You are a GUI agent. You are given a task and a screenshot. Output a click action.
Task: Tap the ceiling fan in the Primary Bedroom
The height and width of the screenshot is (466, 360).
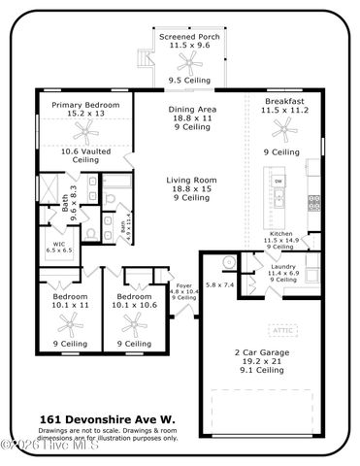pyautogui.click(x=85, y=129)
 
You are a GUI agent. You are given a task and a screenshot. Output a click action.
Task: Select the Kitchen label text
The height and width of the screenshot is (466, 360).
pyautogui.click(x=281, y=238)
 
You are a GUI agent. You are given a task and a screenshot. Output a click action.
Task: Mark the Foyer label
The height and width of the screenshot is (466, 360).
pyautogui.click(x=184, y=289)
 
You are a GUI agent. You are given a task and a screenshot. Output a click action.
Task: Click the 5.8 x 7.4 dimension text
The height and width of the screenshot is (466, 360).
pyautogui.click(x=220, y=284)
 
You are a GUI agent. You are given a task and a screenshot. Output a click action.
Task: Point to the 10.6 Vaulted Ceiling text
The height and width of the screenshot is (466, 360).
pyautogui.click(x=85, y=154)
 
